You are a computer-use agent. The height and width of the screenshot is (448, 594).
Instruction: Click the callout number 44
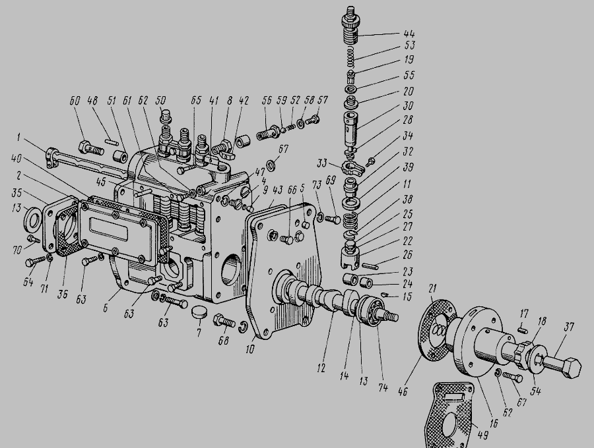coord(409,34)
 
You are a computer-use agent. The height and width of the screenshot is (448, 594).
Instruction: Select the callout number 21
coord(432,289)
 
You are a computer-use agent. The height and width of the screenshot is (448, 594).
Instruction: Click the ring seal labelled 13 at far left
coord(32,219)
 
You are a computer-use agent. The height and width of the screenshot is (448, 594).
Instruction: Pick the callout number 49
coord(482,435)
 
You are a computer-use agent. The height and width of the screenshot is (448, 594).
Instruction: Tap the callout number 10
coord(250,349)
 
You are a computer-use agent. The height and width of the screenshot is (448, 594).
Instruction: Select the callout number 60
coord(75,101)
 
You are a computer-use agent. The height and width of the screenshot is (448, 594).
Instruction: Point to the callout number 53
coord(409,45)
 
